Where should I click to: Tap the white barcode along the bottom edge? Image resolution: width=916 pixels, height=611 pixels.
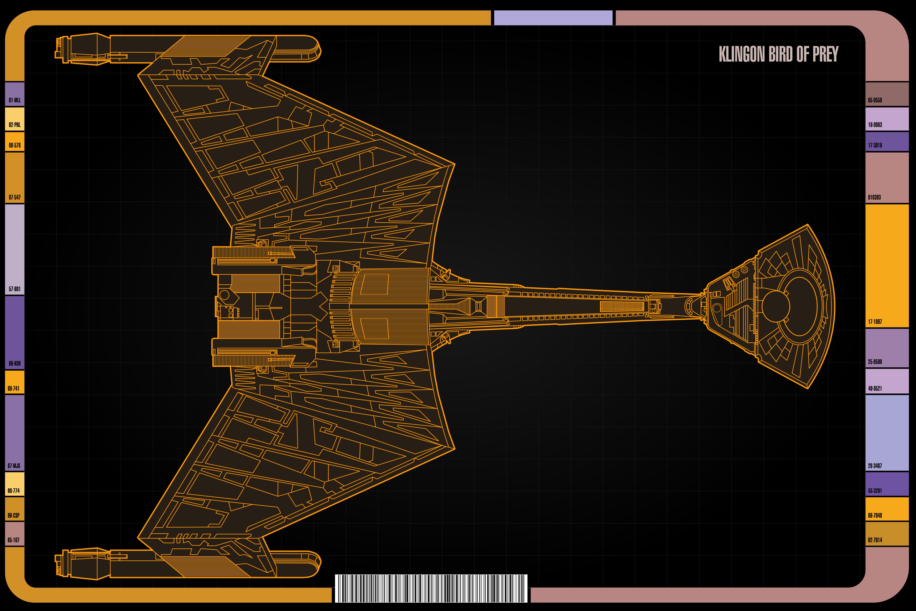coord(431,588)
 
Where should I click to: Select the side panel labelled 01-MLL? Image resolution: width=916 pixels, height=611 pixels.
coord(15,94)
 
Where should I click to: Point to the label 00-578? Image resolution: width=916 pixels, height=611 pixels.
coord(15,145)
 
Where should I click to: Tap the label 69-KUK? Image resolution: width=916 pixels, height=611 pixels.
coord(15,363)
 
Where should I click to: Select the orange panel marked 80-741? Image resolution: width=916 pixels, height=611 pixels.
coord(15,382)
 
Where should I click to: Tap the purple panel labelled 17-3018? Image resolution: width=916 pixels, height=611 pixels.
coord(887,142)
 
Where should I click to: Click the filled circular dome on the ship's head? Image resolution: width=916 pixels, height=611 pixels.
coord(775,306)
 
